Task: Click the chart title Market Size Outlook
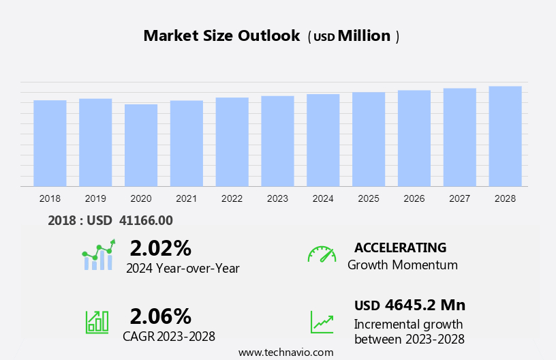(221, 36)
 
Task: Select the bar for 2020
(141, 145)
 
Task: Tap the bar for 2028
(505, 136)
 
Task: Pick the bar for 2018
(50, 143)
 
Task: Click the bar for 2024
(323, 140)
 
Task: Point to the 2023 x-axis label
(277, 198)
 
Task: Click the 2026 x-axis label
(414, 198)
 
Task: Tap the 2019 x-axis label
(95, 198)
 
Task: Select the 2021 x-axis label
(186, 198)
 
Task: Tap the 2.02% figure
(160, 247)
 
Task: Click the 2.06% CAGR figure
(160, 316)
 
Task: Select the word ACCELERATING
(400, 247)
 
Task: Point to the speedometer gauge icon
(322, 254)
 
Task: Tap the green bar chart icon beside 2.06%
(97, 321)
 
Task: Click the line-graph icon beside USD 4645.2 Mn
(322, 322)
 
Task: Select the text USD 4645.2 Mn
(410, 305)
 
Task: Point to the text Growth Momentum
(402, 265)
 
